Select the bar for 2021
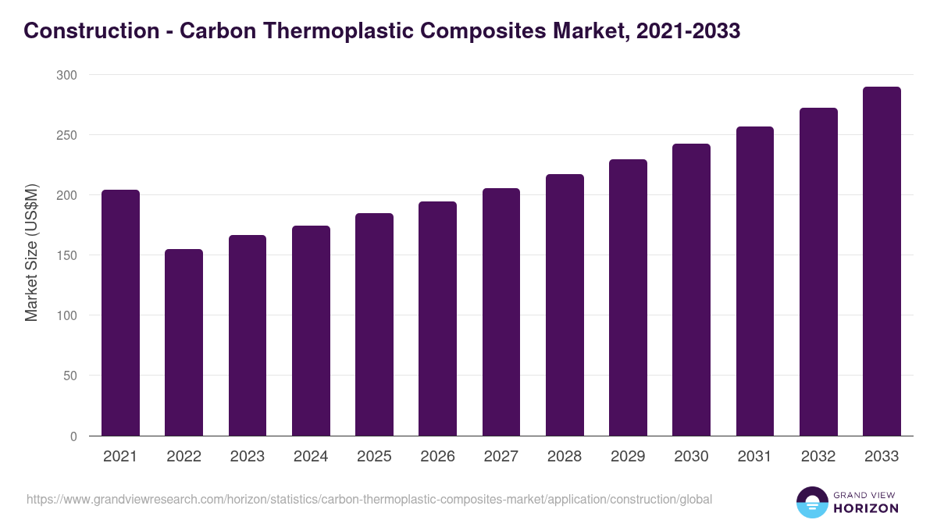point(120,312)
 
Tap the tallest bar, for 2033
point(882,261)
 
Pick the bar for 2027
point(501,312)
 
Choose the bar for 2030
point(691,290)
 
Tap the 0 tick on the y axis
point(73,436)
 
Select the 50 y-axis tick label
point(69,376)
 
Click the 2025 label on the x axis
point(374,457)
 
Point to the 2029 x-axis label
point(628,457)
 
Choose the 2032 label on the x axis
point(818,457)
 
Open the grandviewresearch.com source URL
point(369,499)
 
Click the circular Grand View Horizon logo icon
point(811,502)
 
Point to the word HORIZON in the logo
point(867,508)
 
